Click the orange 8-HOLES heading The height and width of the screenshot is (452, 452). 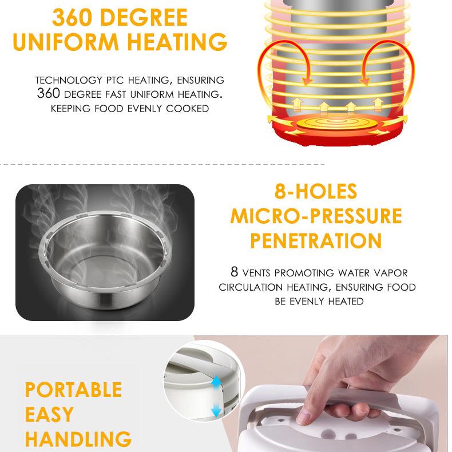pos(315,191)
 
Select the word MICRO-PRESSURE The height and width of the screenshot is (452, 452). pos(315,216)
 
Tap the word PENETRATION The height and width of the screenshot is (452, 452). pos(315,240)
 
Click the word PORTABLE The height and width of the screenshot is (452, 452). pos(73,390)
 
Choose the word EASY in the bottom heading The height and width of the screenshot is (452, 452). pos(49,414)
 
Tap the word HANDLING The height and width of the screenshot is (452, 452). pos(78,439)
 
